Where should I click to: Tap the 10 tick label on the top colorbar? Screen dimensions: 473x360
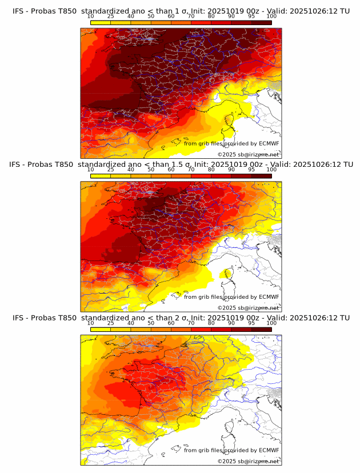click(x=91, y=16)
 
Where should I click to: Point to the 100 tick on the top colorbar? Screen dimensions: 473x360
click(x=271, y=16)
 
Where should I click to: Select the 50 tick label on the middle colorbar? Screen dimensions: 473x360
click(x=151, y=170)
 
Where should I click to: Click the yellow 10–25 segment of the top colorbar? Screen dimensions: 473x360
click(x=101, y=22)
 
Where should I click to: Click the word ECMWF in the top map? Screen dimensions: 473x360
click(x=269, y=143)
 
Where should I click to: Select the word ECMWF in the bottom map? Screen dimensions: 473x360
click(x=269, y=450)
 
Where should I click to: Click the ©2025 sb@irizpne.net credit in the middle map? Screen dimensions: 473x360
click(x=248, y=307)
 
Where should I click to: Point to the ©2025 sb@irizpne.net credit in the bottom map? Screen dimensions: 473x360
click(x=248, y=461)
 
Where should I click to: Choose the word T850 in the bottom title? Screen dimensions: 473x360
click(x=66, y=318)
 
